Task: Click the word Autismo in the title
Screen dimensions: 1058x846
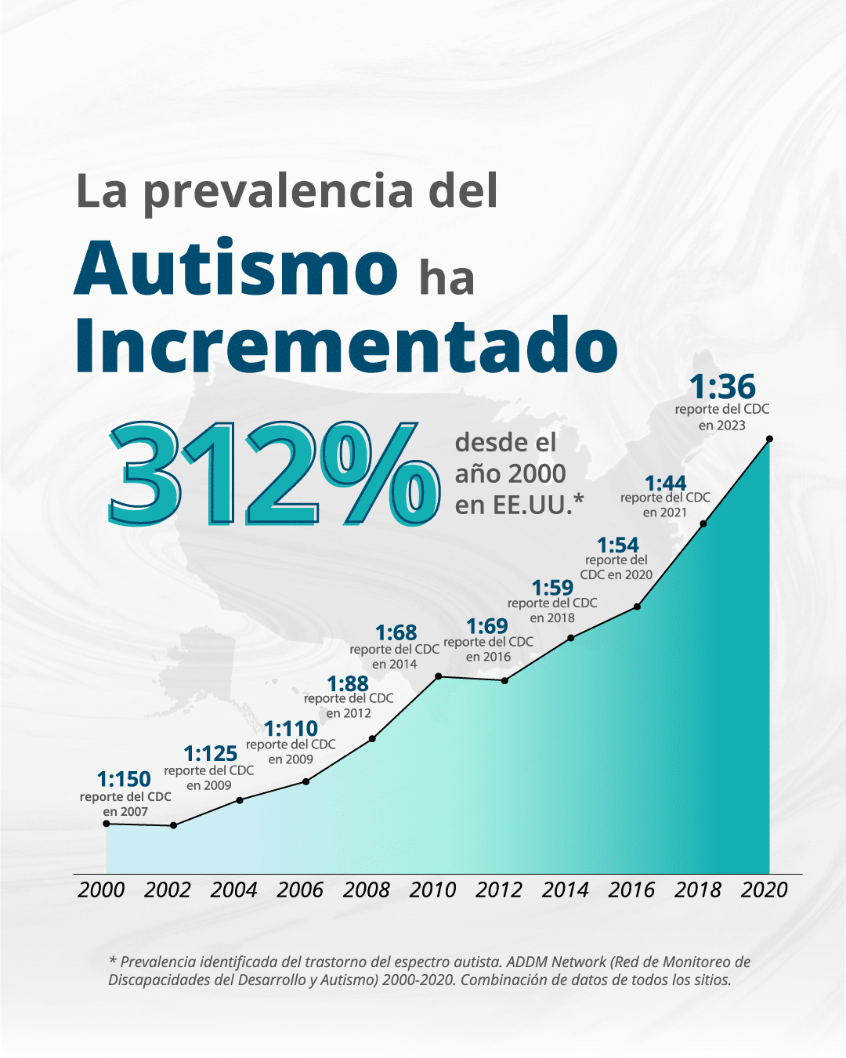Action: point(237,268)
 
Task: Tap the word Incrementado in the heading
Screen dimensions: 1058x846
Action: point(346,346)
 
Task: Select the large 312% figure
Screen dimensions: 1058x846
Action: point(273,474)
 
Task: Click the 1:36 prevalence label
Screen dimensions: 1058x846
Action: point(722,387)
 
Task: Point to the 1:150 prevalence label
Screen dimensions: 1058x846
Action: point(124,779)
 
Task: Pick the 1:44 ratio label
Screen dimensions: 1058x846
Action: point(665,483)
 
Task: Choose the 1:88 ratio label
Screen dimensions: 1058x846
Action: point(348,683)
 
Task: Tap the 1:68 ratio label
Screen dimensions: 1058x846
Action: point(396,632)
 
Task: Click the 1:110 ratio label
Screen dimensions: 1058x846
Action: point(291,729)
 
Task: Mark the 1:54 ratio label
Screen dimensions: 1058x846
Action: point(618,545)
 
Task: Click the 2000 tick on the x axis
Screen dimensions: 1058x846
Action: point(101,890)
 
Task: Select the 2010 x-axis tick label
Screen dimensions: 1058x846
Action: point(432,890)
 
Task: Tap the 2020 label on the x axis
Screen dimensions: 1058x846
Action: point(764,890)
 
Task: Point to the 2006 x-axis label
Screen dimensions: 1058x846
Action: point(300,890)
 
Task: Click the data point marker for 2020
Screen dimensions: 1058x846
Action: point(769,439)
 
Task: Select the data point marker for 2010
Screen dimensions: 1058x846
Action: point(438,676)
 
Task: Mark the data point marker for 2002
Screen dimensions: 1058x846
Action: point(173,825)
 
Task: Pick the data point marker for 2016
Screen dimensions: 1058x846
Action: point(637,607)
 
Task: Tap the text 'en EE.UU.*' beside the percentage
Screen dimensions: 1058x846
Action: point(519,505)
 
